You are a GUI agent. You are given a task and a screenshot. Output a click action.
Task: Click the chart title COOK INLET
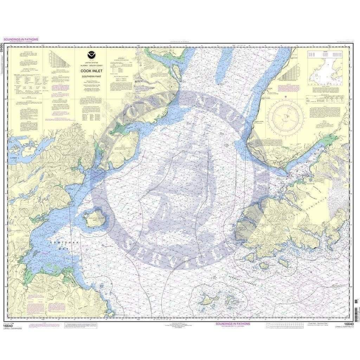89,70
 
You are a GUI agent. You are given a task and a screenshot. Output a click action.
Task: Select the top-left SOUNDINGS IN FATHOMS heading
20,39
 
